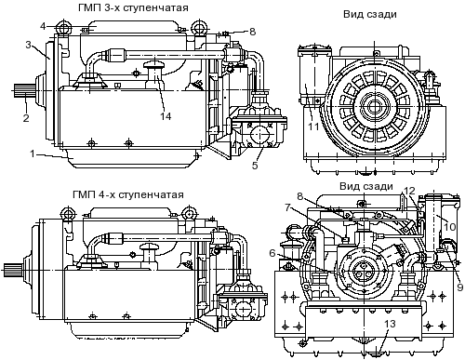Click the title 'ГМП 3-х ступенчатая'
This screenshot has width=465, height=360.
coord(133,7)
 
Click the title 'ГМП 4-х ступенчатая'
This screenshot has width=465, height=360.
coord(128,194)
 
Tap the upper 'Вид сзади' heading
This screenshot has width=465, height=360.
coord(370,14)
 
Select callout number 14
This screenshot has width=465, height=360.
coord(166,116)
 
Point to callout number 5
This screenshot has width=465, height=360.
coord(255,166)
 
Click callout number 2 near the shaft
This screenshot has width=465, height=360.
coord(26,117)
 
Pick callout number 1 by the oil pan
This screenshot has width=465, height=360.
coord(33,153)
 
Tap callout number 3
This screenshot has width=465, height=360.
coord(29,45)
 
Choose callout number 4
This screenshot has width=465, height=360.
coord(43,26)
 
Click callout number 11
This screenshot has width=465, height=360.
coord(313,127)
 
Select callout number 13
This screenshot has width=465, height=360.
coord(391,324)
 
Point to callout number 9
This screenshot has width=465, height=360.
coord(460,287)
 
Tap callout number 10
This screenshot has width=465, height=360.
coord(449,227)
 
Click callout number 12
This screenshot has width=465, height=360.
coord(409,191)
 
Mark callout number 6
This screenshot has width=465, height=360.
coord(272,253)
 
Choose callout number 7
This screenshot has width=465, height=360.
coord(287,207)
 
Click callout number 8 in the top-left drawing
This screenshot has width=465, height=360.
coord(252,32)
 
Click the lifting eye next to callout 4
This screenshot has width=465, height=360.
coord(63,27)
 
